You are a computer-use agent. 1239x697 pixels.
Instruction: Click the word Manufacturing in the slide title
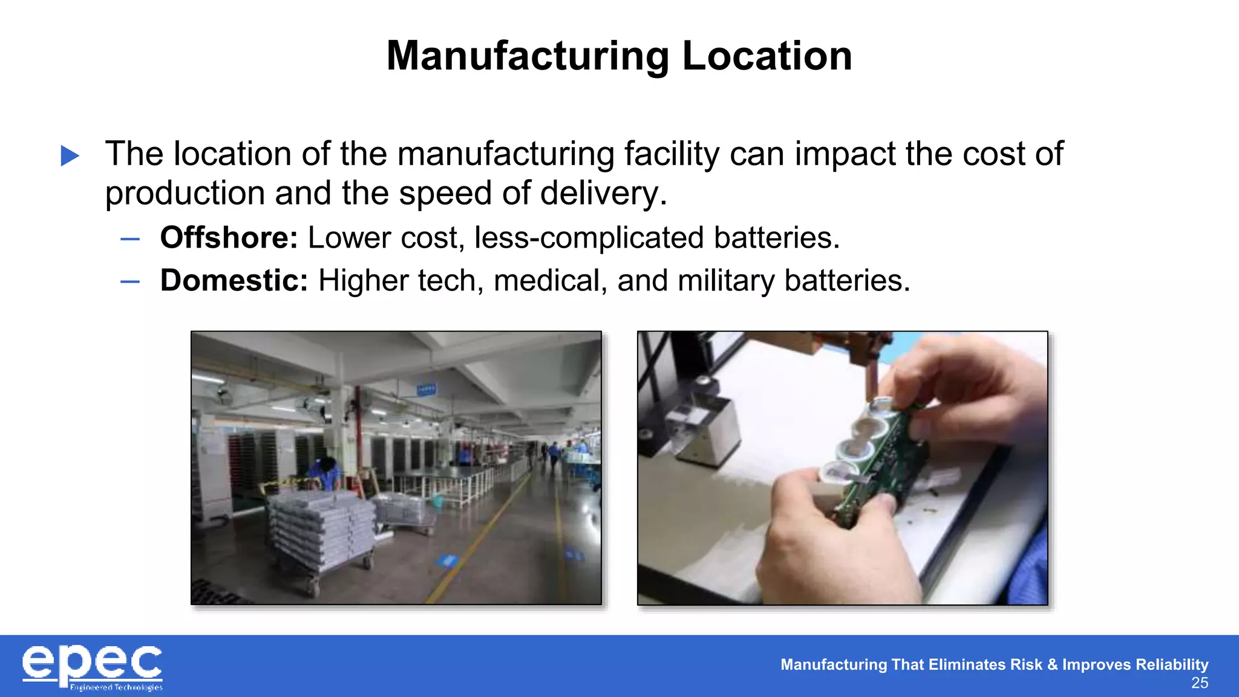coord(528,56)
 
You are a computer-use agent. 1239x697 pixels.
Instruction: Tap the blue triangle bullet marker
coord(70,155)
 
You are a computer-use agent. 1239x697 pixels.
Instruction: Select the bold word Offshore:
coord(229,237)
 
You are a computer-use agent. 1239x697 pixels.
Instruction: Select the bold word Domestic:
coord(234,281)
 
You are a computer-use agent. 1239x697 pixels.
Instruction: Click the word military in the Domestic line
coord(726,281)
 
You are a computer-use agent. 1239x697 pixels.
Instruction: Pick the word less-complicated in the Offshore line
coord(589,237)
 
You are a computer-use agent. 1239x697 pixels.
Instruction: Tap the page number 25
coord(1199,683)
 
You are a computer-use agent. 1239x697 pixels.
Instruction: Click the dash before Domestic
coord(130,281)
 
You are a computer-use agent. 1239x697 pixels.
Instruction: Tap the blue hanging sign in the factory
coord(427,389)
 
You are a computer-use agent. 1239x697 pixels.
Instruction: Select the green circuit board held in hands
coord(889,460)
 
